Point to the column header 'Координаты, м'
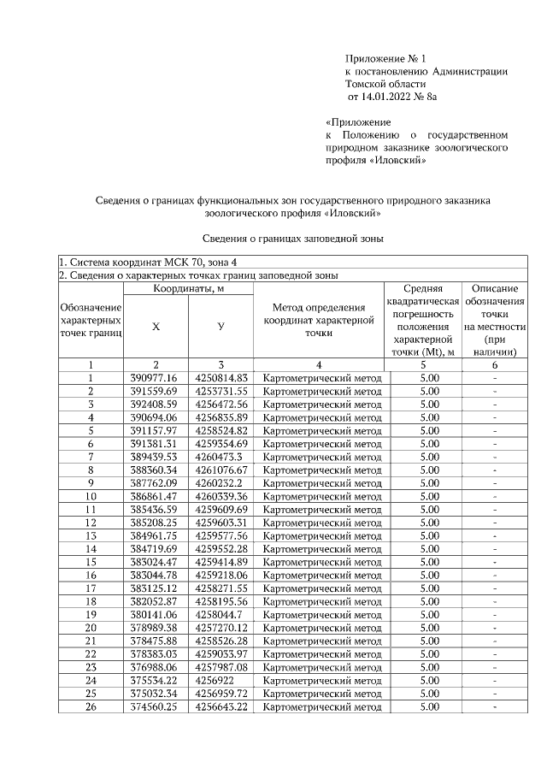click(x=190, y=289)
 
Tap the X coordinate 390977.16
click(x=154, y=377)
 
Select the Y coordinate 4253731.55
click(x=221, y=391)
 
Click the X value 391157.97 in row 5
click(x=154, y=430)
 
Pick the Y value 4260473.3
click(x=218, y=457)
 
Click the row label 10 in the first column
click(x=91, y=496)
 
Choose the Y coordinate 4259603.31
click(x=221, y=523)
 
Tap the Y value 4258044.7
click(x=218, y=614)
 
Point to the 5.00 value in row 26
click(x=430, y=707)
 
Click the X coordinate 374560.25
click(x=154, y=707)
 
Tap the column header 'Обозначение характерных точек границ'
click(x=91, y=319)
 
